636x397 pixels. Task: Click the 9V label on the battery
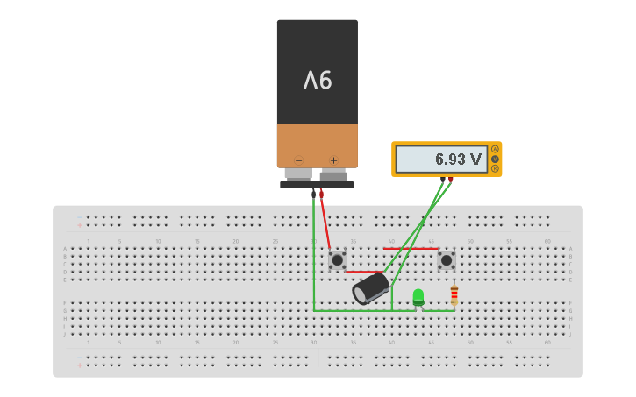318,81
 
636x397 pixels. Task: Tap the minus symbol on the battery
298,160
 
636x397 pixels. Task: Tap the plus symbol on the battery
333,160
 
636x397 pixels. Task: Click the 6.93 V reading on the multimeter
458,160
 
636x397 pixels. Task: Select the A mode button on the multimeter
495,150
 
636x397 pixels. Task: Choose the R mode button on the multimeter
495,168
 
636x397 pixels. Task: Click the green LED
418,296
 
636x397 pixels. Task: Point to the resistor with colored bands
454,294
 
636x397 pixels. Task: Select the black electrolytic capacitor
371,288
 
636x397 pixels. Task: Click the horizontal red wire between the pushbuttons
410,249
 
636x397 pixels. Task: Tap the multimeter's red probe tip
451,180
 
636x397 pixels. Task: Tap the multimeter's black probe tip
443,180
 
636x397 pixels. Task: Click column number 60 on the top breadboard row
547,241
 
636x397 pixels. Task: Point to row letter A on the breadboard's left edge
64,249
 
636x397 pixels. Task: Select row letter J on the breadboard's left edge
64,334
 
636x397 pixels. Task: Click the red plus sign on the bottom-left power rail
80,365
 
